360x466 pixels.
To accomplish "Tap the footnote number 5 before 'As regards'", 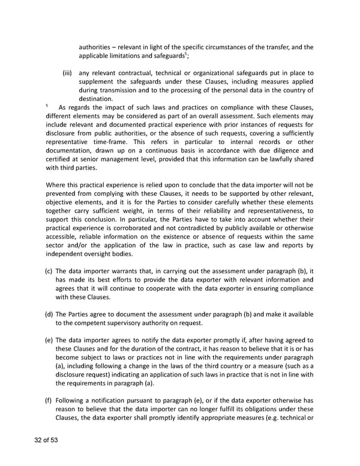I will coord(47,106).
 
